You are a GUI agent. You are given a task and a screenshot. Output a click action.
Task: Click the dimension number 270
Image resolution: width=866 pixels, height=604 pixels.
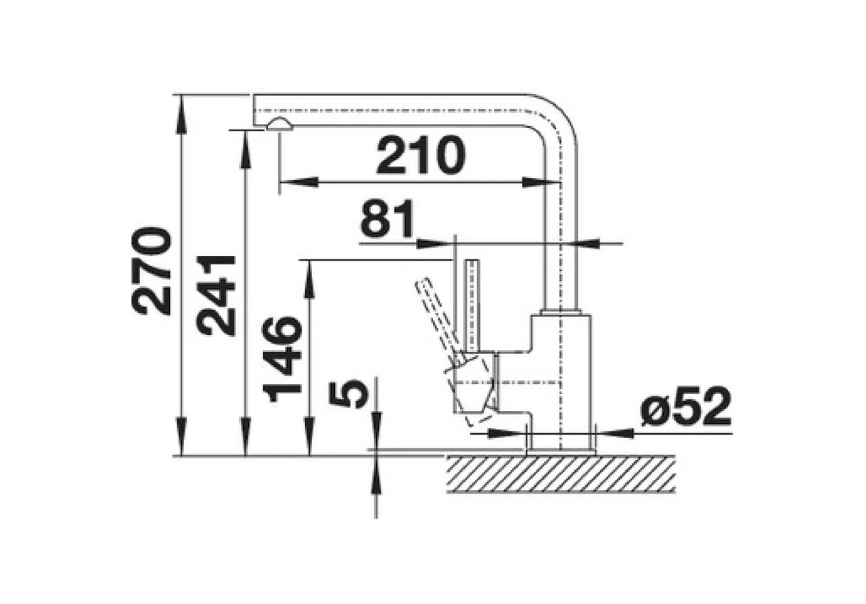click(151, 270)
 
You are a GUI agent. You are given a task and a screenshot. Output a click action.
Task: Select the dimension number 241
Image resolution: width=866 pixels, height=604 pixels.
click(215, 295)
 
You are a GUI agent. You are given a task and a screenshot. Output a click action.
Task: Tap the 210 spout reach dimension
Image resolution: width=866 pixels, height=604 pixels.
click(421, 155)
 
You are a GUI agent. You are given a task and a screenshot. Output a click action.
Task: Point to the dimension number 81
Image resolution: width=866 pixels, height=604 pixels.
click(387, 219)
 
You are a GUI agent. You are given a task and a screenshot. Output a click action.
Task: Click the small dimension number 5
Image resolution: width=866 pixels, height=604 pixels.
click(348, 393)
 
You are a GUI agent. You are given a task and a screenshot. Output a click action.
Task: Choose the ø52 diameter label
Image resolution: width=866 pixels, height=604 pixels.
click(685, 406)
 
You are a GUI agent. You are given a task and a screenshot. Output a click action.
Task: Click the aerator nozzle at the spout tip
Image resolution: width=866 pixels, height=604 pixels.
click(280, 123)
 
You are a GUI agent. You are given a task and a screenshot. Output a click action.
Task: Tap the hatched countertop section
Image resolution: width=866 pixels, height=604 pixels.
click(561, 474)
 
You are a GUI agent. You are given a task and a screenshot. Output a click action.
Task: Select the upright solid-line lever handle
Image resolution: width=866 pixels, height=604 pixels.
click(473, 306)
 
